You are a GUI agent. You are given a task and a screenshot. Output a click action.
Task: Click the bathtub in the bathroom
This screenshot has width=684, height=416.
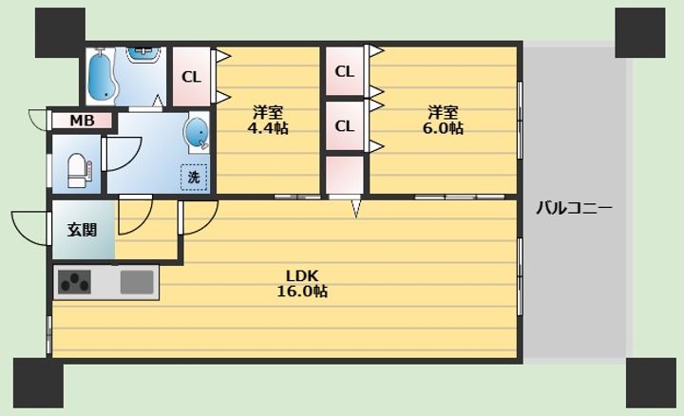pyautogui.click(x=102, y=76)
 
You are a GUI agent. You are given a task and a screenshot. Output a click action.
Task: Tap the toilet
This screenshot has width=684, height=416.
pyautogui.click(x=80, y=170)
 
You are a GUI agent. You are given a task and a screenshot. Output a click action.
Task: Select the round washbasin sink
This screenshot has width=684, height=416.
pyautogui.click(x=198, y=132)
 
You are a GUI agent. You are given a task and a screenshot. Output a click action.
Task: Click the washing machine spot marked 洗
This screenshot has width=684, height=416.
pyautogui.click(x=194, y=177)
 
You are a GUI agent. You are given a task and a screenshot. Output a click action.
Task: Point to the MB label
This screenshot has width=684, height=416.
pyautogui.click(x=82, y=121)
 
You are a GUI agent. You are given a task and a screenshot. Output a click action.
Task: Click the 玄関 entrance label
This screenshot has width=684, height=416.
pyautogui.click(x=82, y=230)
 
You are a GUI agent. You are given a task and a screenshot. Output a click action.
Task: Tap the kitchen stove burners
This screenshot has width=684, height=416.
pyautogui.click(x=75, y=282)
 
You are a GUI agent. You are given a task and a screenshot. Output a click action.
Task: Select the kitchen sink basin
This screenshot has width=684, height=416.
pyautogui.click(x=137, y=282)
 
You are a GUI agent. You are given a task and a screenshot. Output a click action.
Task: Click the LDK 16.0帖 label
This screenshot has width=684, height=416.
pyautogui.click(x=302, y=283)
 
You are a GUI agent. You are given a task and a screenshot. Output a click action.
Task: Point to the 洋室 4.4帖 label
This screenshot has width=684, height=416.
pyautogui.click(x=268, y=121)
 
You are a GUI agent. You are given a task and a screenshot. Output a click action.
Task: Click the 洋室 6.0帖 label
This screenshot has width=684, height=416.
pyautogui.click(x=443, y=121)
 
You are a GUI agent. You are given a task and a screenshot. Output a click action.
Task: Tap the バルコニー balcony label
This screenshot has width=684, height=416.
pyautogui.click(x=574, y=208)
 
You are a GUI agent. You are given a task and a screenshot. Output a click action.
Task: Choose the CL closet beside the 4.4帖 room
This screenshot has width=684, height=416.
pyautogui.click(x=192, y=77)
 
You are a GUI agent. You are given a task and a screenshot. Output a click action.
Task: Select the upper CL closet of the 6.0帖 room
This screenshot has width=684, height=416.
pyautogui.click(x=345, y=71)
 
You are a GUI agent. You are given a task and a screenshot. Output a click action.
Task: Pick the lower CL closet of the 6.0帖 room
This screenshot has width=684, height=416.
pyautogui.click(x=345, y=126)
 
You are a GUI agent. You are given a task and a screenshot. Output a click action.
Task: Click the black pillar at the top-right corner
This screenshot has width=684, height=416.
pyautogui.click(x=640, y=32)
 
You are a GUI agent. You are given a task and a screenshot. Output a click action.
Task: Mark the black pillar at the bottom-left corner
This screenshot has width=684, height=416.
pyautogui.click(x=38, y=384)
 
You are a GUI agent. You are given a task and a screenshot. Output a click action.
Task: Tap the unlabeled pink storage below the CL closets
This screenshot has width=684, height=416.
pyautogui.click(x=345, y=175)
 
